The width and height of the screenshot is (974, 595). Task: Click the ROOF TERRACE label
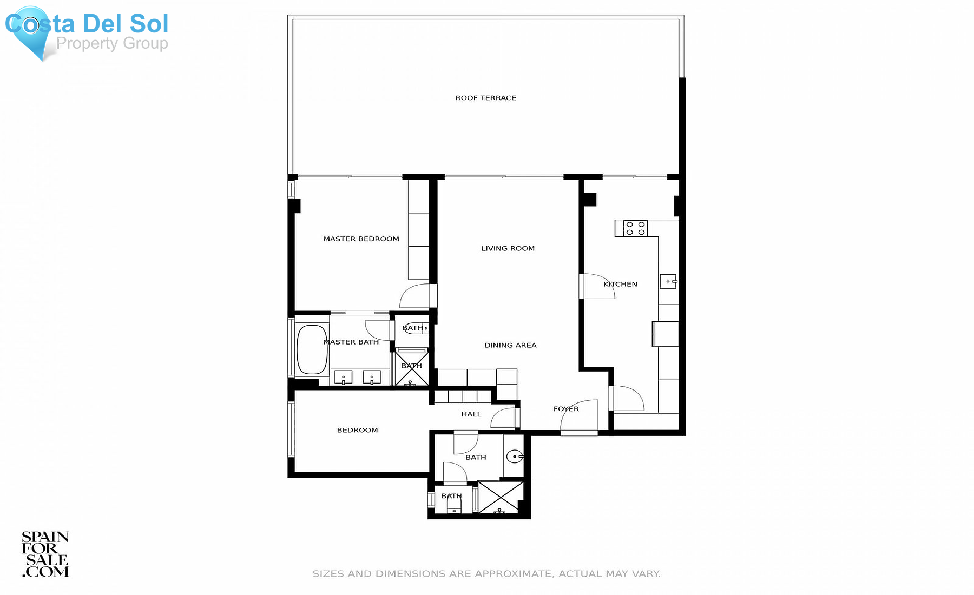(x=486, y=98)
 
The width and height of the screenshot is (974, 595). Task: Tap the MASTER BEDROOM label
(x=361, y=239)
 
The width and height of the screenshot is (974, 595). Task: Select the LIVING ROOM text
(x=508, y=248)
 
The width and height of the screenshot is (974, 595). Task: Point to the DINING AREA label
(x=510, y=345)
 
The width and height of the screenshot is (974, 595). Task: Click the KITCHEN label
(x=620, y=284)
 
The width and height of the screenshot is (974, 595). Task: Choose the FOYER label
(x=566, y=409)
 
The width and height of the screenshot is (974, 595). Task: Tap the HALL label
(x=471, y=414)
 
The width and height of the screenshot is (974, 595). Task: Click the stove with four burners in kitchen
(x=635, y=228)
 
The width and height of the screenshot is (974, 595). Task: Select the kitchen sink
(x=668, y=281)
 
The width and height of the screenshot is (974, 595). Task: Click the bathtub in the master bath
(x=312, y=349)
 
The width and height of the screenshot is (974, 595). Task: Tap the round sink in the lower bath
(x=515, y=457)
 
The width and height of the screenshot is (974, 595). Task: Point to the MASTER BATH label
(x=351, y=342)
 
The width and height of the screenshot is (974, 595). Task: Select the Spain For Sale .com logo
(x=45, y=554)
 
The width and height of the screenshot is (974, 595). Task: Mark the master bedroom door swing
(x=414, y=296)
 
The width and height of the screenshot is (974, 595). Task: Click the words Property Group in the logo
(x=112, y=43)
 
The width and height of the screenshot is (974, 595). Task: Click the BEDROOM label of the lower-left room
(x=358, y=430)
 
